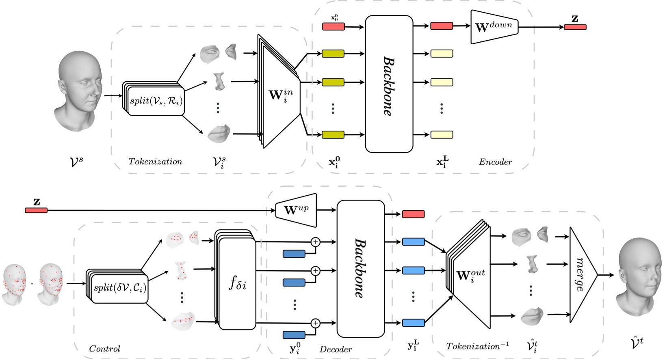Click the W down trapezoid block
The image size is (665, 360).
pos(494,27)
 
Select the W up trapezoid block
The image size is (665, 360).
pos(296,210)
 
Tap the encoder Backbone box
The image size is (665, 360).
pos(389,84)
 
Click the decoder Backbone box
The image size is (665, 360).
pos(360,268)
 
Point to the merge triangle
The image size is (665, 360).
pos(582,275)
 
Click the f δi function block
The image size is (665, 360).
pos(237,283)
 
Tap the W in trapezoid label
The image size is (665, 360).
pos(280,95)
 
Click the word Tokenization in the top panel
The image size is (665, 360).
pos(155,162)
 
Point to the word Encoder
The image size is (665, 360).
pos(495,162)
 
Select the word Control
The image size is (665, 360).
pos(104,349)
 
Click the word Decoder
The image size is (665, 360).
pos(336,349)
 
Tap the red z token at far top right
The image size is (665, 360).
pos(575,27)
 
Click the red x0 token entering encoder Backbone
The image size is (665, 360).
pos(333,27)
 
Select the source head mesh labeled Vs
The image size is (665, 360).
pos(78,91)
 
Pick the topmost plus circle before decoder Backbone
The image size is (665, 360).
pos(315,242)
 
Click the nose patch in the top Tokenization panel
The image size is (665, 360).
pos(219,81)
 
